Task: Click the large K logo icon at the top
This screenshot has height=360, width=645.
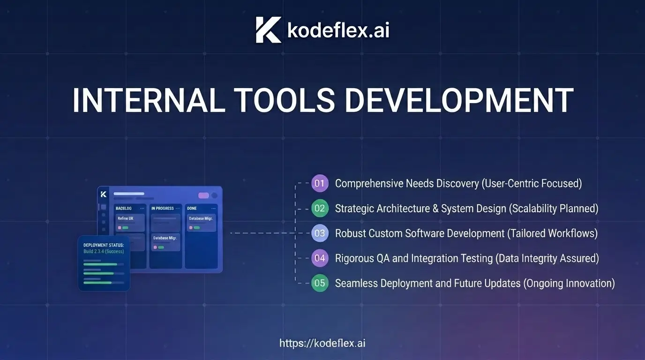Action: tap(269, 30)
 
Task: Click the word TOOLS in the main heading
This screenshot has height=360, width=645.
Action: tap(285, 100)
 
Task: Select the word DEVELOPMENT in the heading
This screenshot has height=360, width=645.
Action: tap(459, 100)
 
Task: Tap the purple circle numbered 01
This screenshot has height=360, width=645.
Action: tap(320, 183)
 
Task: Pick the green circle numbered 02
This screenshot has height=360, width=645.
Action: tap(320, 208)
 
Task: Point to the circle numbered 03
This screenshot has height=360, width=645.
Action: tap(320, 233)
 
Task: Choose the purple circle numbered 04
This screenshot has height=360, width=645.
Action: tap(320, 258)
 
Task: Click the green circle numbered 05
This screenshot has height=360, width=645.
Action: tap(320, 283)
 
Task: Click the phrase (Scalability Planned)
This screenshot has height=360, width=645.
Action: tap(554, 209)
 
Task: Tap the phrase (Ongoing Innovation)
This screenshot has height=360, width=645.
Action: tap(569, 284)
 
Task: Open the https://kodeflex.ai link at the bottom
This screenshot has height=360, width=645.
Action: tap(322, 343)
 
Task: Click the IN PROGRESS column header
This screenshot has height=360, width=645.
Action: tap(163, 208)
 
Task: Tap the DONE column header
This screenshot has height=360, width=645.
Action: tap(192, 208)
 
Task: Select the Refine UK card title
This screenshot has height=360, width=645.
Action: tap(126, 218)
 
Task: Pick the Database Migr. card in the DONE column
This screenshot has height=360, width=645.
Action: tap(201, 223)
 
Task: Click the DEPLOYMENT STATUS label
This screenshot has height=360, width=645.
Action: tap(104, 245)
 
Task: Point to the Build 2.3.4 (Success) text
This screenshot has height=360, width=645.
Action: tap(104, 251)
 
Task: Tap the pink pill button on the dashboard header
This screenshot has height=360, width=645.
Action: tap(203, 195)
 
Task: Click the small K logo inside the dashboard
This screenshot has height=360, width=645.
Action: tap(104, 195)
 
